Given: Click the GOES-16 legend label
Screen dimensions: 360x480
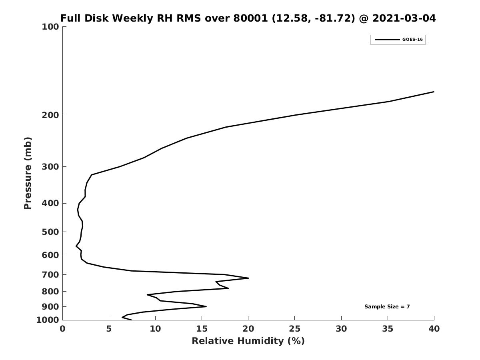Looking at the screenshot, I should (x=412, y=40).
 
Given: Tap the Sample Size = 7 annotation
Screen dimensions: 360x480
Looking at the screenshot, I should (x=387, y=307).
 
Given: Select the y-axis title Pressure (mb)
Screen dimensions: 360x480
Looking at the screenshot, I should (x=28, y=173).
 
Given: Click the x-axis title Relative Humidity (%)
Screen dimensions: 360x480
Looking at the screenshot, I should (x=248, y=341).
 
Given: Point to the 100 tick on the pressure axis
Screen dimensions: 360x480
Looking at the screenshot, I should (x=50, y=27).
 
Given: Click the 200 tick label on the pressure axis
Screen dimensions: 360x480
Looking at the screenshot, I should (x=50, y=115).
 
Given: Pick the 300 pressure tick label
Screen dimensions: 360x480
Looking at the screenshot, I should (x=50, y=167).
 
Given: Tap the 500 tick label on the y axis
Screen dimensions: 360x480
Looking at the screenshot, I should (x=50, y=232).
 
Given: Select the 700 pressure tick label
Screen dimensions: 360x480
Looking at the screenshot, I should (x=50, y=275).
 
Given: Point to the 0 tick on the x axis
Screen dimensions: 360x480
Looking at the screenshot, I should (x=62, y=329).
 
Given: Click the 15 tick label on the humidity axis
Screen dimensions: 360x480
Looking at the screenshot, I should (x=202, y=329).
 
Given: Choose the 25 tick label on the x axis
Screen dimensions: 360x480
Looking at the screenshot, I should (x=295, y=329).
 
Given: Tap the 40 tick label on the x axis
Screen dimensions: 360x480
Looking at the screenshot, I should (x=434, y=329).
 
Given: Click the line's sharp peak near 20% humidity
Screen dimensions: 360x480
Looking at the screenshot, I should (x=248, y=278).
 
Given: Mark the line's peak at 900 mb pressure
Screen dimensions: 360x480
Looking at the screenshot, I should (x=206, y=306).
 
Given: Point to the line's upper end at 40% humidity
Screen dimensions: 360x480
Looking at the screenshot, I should (x=434, y=92).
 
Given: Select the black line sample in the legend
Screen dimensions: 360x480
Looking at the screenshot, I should (x=387, y=40).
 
